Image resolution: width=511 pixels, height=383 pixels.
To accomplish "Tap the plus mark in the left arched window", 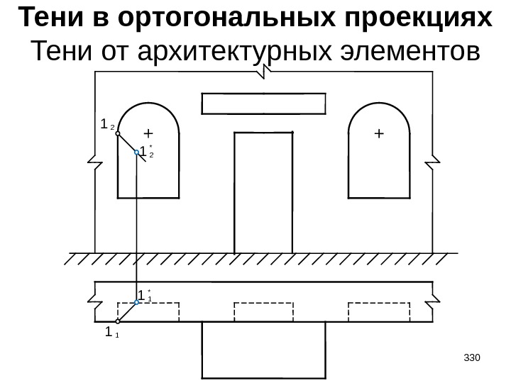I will click(148, 133).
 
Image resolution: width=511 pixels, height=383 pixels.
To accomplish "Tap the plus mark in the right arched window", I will click(378, 133).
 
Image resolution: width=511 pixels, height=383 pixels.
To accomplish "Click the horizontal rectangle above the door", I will click(264, 104).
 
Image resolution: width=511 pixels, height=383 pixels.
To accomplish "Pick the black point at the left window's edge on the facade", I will click(118, 133).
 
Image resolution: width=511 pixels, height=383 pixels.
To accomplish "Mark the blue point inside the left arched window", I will click(136, 152).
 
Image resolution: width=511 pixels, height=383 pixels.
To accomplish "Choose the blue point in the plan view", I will click(136, 302).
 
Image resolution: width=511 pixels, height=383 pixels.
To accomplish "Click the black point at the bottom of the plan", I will click(118, 321).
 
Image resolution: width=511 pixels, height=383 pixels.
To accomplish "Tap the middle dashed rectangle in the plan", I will click(263, 311).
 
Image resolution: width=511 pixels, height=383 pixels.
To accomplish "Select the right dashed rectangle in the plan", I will click(379, 311).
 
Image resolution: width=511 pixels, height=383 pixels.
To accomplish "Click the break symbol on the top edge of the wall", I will click(265, 70).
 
